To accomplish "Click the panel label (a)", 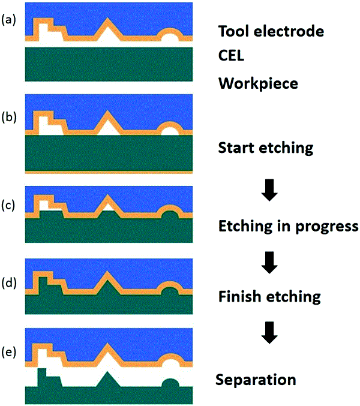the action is coord(8,20).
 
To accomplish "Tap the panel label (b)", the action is coord(9,117).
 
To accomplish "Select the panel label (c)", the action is coord(8,205).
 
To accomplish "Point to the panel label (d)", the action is coord(9,282).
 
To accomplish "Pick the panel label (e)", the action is coord(8,352).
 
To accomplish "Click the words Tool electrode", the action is coord(271,31).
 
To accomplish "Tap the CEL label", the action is coord(231,55).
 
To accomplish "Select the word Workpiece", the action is coord(258,83).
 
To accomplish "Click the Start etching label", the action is coord(266,148).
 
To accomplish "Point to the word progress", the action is coord(327,227).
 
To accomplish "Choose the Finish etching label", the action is coord(269,297).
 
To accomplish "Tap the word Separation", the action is coord(256,380).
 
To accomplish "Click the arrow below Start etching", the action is coord(269,190).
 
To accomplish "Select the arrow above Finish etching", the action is coord(269,263).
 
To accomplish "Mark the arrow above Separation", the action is coord(269,333).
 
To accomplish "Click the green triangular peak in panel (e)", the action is coord(107,381).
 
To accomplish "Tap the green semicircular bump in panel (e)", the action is coord(170,383).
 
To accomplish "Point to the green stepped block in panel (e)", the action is coord(48,379).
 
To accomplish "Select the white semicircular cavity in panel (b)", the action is coord(170,131).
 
